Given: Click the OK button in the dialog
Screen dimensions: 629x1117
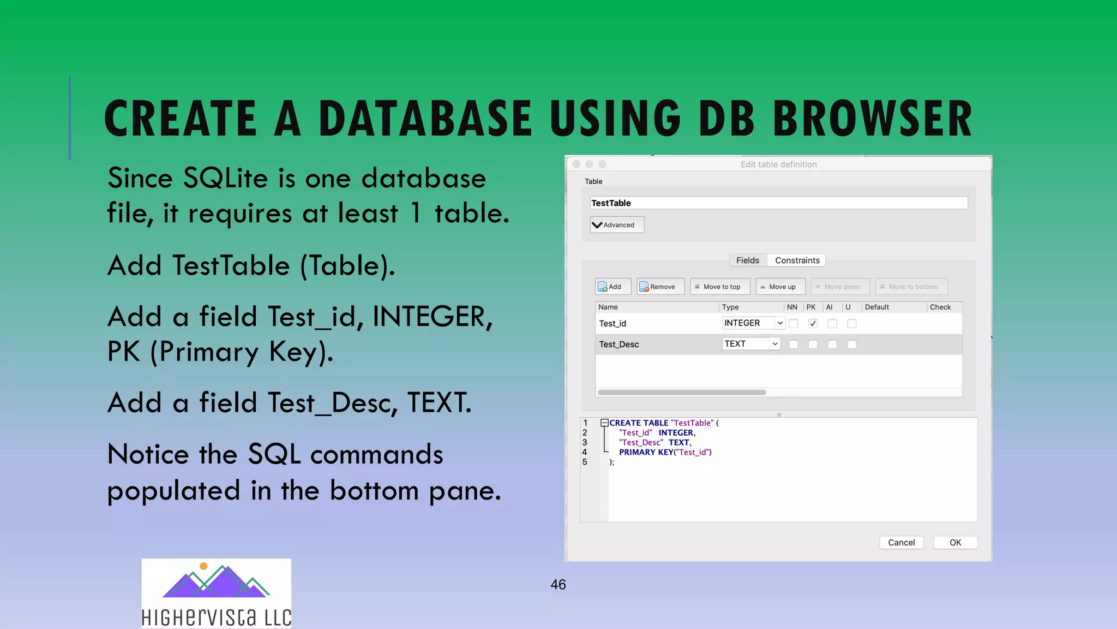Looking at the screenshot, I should pos(955,542).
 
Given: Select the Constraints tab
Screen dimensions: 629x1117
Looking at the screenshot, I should pos(797,260).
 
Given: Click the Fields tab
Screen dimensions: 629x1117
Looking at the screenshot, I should pos(747,260).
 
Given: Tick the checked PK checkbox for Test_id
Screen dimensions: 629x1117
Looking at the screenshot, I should pos(813,323).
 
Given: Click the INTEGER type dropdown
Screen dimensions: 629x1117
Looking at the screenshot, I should pos(753,323).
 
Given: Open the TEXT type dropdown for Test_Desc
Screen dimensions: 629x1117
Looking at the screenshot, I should pos(751,344).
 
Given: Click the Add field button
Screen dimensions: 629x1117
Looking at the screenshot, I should pos(612,287).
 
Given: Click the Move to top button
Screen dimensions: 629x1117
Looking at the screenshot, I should pos(720,287).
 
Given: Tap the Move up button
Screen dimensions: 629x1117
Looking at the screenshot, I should pos(780,287).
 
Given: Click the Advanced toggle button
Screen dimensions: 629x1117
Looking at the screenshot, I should pos(617,225).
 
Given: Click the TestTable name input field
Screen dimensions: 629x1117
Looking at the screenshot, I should pos(778,203).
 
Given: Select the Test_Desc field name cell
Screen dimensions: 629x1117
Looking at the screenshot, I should pos(619,345).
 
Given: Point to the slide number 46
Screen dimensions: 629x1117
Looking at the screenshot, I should pos(558,585).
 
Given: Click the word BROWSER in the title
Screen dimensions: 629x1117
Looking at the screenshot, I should pos(872,118).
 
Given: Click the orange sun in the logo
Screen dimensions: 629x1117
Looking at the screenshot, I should pos(203,566).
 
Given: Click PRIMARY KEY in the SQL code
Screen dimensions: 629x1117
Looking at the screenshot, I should pos(646,452).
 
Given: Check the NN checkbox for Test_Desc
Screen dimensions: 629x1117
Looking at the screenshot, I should pos(794,345).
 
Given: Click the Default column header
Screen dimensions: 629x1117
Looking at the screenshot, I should pos(876,307).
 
